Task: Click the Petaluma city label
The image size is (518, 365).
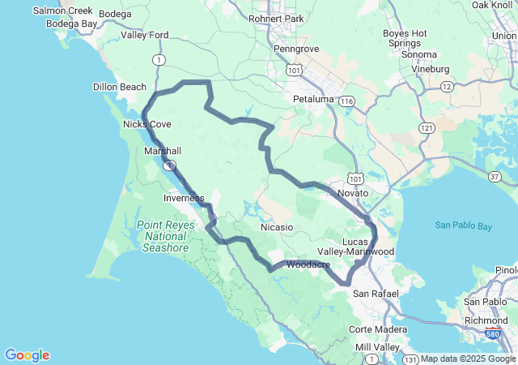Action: point(312,99)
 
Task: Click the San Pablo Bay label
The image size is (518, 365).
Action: point(462,225)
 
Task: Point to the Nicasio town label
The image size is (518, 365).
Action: point(277,227)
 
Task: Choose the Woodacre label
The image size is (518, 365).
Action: point(308,264)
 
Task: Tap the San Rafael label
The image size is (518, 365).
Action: point(373,293)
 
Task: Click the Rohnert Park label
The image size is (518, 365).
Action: point(275,19)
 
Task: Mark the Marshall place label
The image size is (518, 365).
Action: point(163,151)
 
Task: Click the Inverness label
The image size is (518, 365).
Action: point(184,198)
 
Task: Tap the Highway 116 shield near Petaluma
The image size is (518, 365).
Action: point(347,101)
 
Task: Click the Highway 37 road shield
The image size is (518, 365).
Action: point(494,176)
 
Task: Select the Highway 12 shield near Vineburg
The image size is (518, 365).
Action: point(446,85)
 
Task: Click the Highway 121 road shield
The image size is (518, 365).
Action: point(427,128)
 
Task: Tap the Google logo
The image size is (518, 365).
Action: point(27,355)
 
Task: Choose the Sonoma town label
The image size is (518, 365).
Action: point(419,54)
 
